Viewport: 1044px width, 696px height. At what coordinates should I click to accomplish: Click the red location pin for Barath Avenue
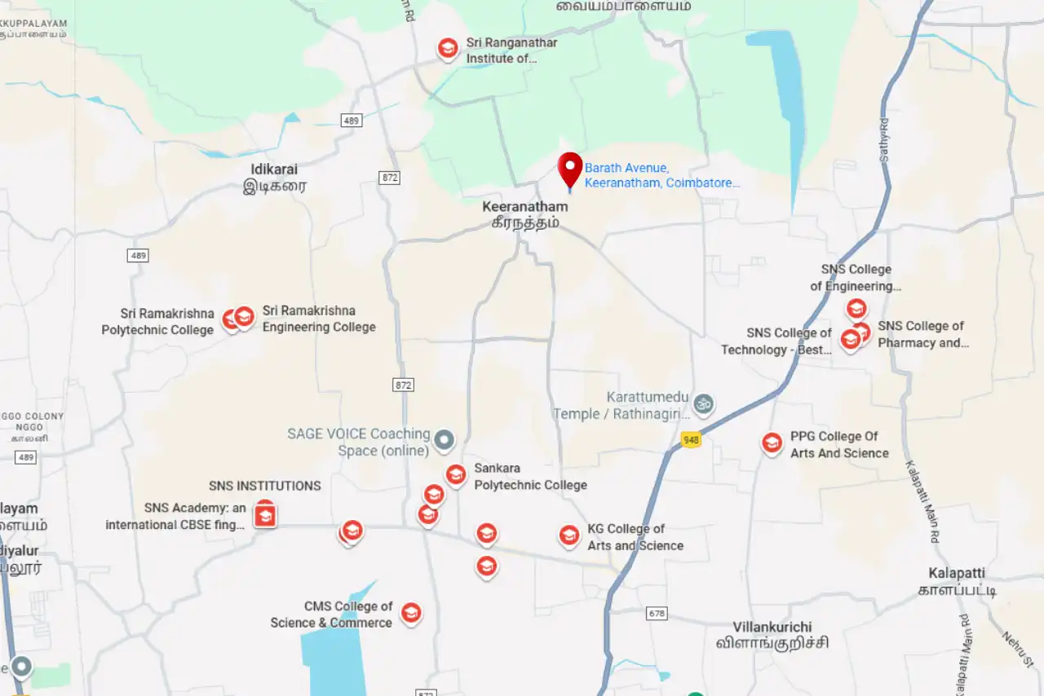pyautogui.click(x=570, y=170)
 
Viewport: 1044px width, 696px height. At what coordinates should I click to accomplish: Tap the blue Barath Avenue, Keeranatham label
pyautogui.click(x=661, y=175)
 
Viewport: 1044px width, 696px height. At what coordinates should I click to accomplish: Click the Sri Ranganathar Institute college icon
pyautogui.click(x=447, y=49)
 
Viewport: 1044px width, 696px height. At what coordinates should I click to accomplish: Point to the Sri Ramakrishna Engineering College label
pyautogui.click(x=318, y=319)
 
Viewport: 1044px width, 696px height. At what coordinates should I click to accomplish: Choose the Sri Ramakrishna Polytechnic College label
pyautogui.click(x=158, y=321)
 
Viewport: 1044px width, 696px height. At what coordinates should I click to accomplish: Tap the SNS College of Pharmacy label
pyautogui.click(x=922, y=334)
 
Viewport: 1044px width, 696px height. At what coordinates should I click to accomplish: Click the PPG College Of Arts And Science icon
pyautogui.click(x=772, y=443)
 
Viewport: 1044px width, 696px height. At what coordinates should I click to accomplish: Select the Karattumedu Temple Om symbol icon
pyautogui.click(x=703, y=402)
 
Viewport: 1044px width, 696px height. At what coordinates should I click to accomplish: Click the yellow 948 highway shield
pyautogui.click(x=691, y=440)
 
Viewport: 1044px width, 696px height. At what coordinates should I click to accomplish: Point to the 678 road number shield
pyautogui.click(x=656, y=613)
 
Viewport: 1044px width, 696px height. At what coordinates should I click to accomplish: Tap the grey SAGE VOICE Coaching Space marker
pyautogui.click(x=444, y=441)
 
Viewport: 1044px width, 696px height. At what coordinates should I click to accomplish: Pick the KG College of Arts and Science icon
pyautogui.click(x=568, y=535)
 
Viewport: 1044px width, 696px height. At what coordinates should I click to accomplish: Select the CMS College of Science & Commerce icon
pyautogui.click(x=411, y=613)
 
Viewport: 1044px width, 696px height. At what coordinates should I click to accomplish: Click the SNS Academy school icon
pyautogui.click(x=264, y=516)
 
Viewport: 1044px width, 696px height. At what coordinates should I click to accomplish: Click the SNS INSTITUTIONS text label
pyautogui.click(x=264, y=486)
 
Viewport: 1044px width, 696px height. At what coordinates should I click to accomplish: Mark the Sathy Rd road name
pyautogui.click(x=884, y=139)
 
